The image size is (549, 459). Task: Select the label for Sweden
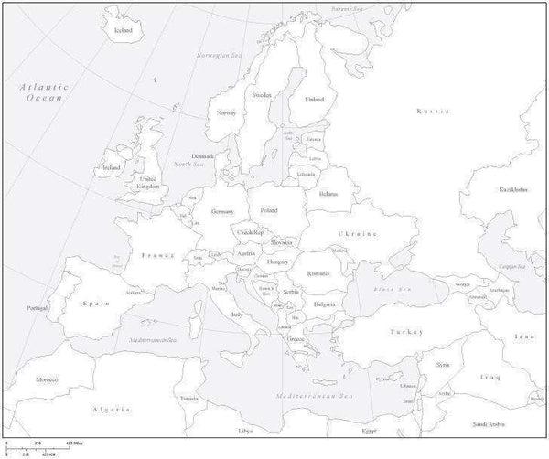click(262, 94)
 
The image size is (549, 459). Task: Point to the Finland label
click(314, 99)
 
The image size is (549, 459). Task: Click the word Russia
click(432, 111)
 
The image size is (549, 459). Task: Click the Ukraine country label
click(359, 234)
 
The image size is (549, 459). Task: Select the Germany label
click(222, 211)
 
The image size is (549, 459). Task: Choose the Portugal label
click(37, 307)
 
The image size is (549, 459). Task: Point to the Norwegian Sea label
click(217, 55)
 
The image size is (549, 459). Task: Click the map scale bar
click(37, 448)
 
